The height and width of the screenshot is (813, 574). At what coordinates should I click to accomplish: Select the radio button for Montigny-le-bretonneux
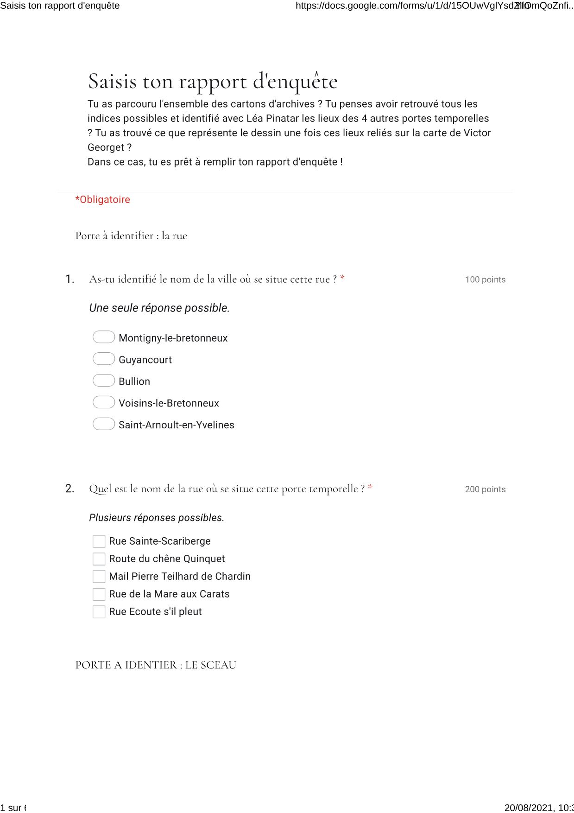104,337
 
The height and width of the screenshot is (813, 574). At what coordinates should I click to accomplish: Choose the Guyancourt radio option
104,359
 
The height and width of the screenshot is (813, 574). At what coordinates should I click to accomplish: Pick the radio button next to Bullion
104,381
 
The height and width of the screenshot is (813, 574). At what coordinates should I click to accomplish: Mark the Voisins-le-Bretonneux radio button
104,402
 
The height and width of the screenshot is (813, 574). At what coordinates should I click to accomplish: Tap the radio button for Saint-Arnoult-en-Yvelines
104,424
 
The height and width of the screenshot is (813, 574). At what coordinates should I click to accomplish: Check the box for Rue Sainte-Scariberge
99,541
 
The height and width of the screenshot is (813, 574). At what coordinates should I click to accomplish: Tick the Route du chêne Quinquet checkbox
99,559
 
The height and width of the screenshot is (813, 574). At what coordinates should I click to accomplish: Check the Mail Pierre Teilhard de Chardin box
99,577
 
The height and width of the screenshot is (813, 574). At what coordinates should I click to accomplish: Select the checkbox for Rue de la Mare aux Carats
99,594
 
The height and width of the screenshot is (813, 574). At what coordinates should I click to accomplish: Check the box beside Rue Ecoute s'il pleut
99,612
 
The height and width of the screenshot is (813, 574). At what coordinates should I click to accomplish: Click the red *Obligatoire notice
103,200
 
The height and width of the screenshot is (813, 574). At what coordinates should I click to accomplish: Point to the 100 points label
485,279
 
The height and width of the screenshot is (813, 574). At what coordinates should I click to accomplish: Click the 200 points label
485,489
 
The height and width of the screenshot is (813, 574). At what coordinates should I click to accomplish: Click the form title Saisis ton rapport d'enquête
213,82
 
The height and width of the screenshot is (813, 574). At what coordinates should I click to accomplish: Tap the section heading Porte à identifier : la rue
131,236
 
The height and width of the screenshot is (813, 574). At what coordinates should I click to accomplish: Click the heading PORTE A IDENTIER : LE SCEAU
156,665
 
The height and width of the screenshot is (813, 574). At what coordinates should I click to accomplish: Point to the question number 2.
69,489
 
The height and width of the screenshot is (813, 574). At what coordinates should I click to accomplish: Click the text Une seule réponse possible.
159,308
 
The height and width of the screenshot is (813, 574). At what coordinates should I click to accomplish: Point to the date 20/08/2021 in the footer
529,807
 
